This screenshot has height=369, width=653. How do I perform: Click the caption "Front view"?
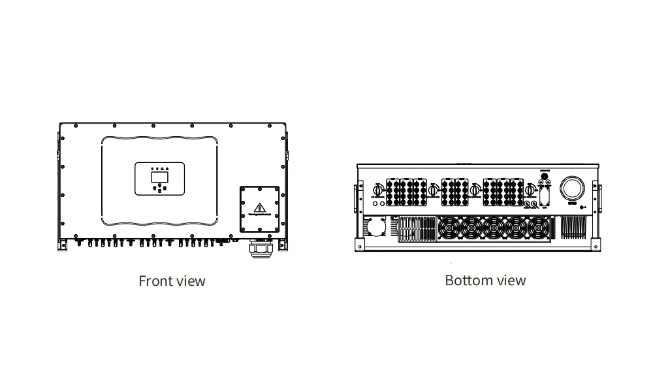point(172,281)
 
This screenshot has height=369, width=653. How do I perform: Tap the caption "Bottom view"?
point(485,281)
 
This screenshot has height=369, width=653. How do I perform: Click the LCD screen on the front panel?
point(159,176)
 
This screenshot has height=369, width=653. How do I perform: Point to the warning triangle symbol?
point(260,203)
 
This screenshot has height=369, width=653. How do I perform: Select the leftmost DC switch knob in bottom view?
point(377,190)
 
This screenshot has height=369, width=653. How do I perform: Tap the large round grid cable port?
point(573,187)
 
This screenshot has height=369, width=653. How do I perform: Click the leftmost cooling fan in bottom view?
point(451,228)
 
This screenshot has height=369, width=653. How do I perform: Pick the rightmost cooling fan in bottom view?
point(537,228)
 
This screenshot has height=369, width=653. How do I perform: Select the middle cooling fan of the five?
point(494,228)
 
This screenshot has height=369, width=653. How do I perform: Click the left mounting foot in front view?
point(63,243)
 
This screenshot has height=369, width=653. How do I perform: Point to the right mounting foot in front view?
point(282,243)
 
